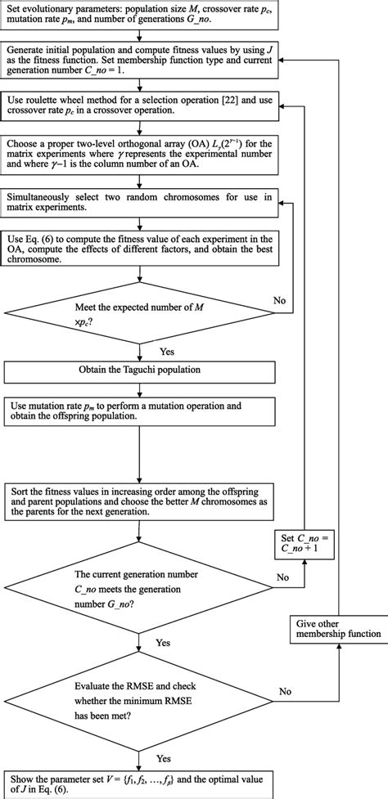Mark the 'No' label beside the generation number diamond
(282, 577)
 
